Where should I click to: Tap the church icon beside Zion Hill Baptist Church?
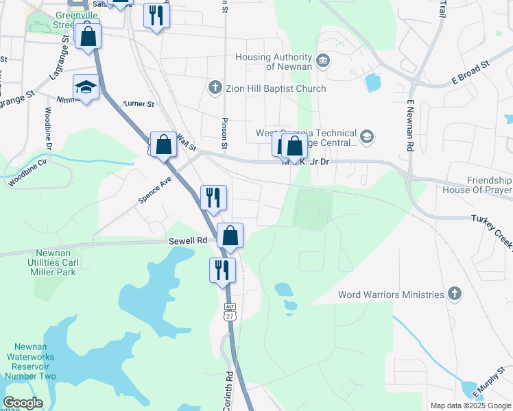click(x=215, y=88)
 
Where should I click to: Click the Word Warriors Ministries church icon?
click(x=453, y=295)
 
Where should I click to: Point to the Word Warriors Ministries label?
click(x=391, y=295)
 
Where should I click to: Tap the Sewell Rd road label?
click(x=188, y=240)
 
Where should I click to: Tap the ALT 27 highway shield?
click(x=230, y=312)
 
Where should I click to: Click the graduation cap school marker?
click(x=87, y=87)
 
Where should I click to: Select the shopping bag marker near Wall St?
click(x=163, y=145)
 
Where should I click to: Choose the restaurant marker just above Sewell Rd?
click(x=213, y=198)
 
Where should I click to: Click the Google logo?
click(x=23, y=403)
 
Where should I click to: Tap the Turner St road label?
click(x=139, y=105)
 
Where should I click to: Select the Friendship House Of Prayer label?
click(x=478, y=184)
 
